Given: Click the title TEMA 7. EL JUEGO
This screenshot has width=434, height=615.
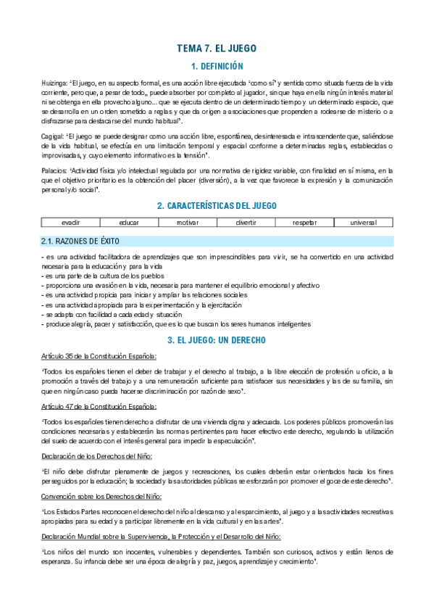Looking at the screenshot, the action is tap(217, 49).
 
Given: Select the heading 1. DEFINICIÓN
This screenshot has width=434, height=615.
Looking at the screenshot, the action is tap(217, 67).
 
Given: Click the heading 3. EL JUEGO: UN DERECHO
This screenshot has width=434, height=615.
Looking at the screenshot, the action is tap(217, 339).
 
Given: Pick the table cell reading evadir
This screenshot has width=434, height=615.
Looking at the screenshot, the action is tap(70, 222).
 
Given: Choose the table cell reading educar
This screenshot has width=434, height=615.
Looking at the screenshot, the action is tap(128, 222).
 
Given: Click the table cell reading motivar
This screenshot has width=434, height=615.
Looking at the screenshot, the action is tap(187, 222).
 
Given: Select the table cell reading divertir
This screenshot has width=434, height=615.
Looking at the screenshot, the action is tap(246, 222).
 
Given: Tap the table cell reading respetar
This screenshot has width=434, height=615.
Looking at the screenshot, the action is tap(304, 222).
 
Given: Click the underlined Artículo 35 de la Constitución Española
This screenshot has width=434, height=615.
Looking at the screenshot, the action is tap(99, 356).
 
